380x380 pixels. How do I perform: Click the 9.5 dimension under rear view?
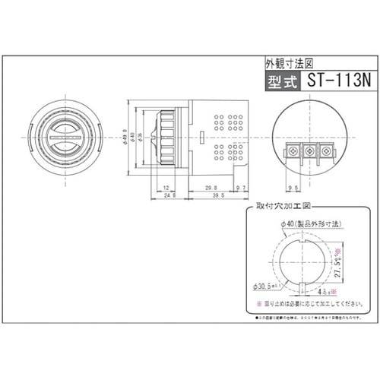[x=293, y=186]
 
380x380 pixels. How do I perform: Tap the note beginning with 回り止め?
[x=304, y=306]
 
